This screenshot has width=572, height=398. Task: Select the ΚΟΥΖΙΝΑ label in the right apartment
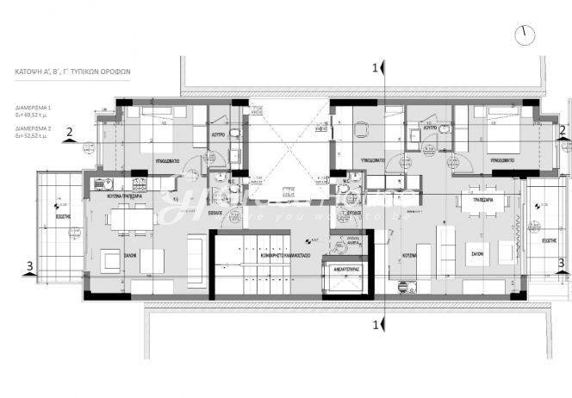coord(410,255)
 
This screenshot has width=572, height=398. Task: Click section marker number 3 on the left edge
coord(31,264)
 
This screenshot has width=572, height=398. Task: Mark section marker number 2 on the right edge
coord(562,130)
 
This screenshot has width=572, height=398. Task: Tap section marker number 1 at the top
coord(375,67)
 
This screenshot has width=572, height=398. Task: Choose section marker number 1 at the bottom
coord(375,325)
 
